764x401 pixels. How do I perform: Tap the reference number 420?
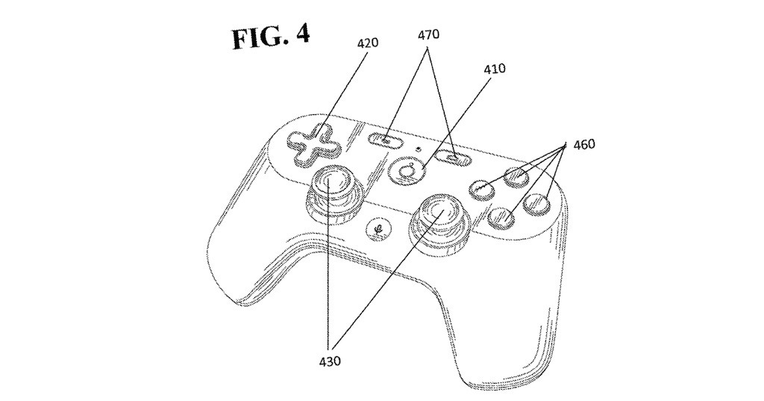368,43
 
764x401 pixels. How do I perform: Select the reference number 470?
428,34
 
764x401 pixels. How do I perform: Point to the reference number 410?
495,68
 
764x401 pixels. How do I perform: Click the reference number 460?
583,144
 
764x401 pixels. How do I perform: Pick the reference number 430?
329,361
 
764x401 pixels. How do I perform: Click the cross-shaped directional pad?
310,144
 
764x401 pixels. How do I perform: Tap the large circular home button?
406,170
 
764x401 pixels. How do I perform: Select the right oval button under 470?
453,158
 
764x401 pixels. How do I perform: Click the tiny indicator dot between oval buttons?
419,147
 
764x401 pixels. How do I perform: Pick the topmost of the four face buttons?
516,177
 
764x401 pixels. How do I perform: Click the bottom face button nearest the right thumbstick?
501,217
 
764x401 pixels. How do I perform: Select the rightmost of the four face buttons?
537,205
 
